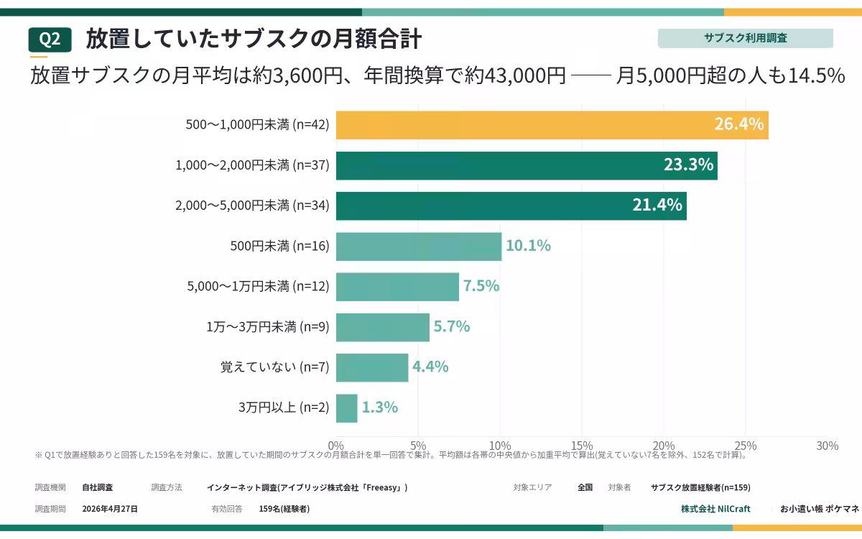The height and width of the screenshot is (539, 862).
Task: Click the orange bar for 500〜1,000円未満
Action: tap(552, 125)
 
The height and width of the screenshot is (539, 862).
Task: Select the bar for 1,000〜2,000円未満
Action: tap(527, 165)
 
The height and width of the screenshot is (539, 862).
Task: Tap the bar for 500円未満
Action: tap(419, 247)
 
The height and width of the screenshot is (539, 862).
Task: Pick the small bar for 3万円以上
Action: tap(347, 408)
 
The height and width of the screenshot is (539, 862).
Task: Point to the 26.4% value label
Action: tap(739, 124)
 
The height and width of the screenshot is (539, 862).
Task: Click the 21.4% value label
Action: tap(657, 205)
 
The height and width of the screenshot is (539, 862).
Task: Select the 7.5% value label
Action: tap(481, 286)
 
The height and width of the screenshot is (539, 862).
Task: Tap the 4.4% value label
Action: tap(430, 367)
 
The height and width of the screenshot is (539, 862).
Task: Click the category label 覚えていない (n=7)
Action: tap(274, 367)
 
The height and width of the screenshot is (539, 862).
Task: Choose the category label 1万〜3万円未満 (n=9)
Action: tap(268, 326)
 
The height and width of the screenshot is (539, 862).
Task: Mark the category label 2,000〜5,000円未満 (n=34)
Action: tap(252, 206)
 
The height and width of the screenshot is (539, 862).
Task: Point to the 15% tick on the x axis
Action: tap(582, 446)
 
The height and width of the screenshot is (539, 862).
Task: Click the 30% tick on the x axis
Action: tap(828, 446)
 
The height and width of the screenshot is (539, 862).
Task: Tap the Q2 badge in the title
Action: tap(50, 40)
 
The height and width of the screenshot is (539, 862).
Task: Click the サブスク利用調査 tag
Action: tap(746, 38)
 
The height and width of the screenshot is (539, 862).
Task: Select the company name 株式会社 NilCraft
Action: tap(715, 509)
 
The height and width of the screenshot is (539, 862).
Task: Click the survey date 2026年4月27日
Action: tap(110, 509)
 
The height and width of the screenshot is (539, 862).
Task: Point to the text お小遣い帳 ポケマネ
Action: tap(820, 509)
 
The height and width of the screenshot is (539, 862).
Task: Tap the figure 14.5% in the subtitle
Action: tap(816, 75)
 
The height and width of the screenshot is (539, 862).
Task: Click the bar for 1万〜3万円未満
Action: tap(383, 327)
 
